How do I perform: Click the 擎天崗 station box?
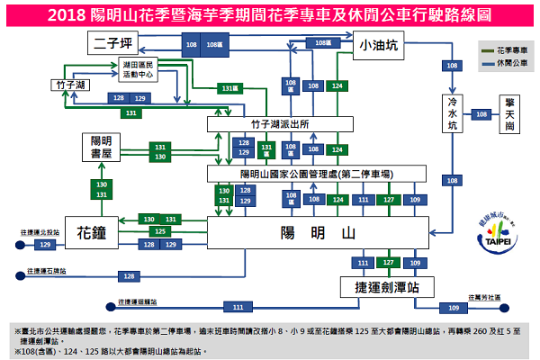pyautogui.click(x=509, y=115)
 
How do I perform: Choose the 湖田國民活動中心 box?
pyautogui.click(x=138, y=71)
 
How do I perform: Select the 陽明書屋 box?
pyautogui.click(x=101, y=147)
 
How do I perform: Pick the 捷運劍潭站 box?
pyautogui.click(x=387, y=287)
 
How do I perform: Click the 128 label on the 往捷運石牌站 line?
pyautogui.click(x=129, y=276)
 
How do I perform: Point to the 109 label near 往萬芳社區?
pyautogui.click(x=454, y=308)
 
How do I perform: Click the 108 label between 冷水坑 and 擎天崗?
pyautogui.click(x=482, y=115)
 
